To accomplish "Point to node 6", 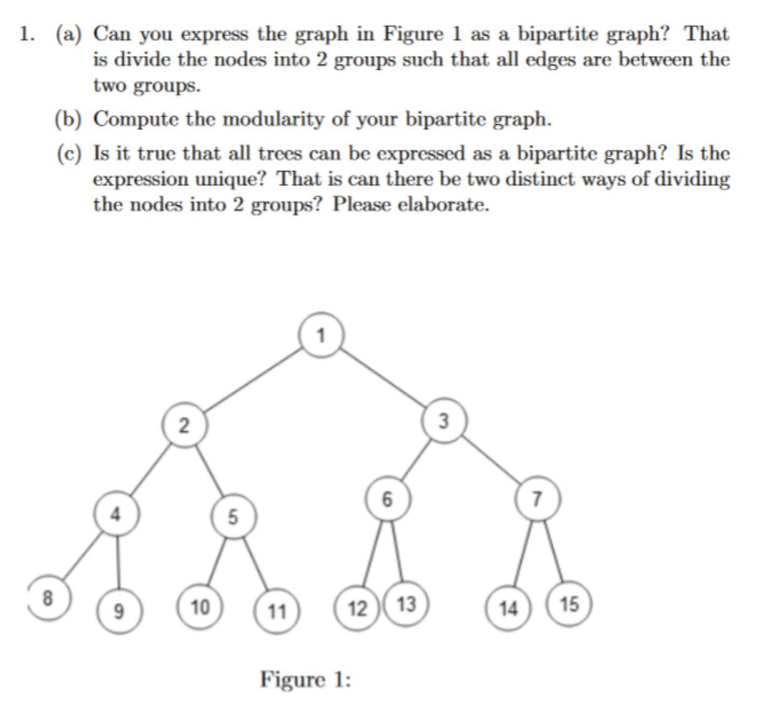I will click(388, 499).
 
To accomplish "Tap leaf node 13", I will click(406, 604).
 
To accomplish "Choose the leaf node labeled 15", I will click(569, 604).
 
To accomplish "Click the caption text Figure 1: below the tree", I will click(305, 679).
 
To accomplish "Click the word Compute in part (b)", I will click(135, 119).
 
